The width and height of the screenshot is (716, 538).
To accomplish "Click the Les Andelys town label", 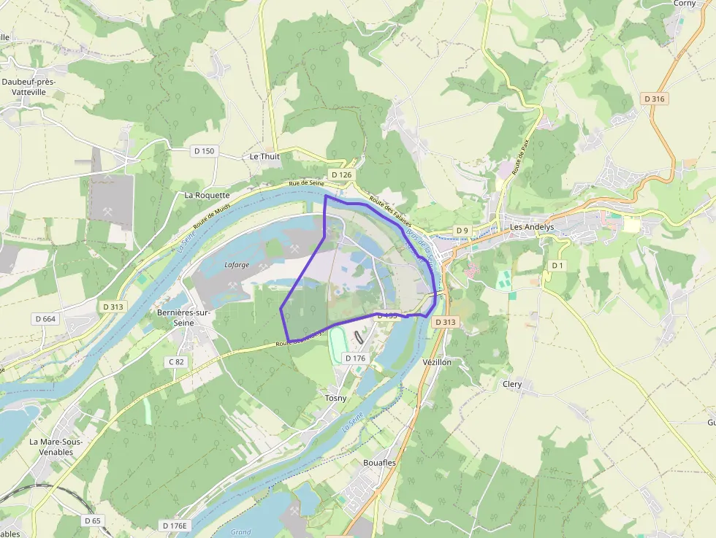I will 532,227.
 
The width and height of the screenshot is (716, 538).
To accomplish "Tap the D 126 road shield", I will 341,175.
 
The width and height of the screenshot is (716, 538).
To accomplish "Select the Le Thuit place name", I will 264,156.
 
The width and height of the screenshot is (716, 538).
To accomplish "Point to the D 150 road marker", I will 205,151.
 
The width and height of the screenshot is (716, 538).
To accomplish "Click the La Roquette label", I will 207,196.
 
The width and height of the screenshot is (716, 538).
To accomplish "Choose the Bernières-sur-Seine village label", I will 183,318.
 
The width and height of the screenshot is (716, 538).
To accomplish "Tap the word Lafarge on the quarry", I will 237,266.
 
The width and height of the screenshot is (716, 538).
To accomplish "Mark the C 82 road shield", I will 176,361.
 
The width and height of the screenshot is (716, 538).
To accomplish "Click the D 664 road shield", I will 45,319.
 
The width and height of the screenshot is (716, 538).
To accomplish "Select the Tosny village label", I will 335,398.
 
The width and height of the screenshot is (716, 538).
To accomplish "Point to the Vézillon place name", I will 437,362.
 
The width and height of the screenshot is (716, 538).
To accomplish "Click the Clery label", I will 512,384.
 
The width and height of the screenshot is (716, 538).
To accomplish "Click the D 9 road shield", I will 462,231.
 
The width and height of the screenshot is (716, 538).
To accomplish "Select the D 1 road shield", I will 557,265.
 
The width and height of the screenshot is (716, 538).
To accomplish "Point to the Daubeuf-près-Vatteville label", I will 28,87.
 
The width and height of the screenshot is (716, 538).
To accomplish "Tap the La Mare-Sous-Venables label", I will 56,447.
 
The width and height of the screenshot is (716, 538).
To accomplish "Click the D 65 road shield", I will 92,520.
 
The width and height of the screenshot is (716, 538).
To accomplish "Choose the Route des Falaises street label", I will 391,212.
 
